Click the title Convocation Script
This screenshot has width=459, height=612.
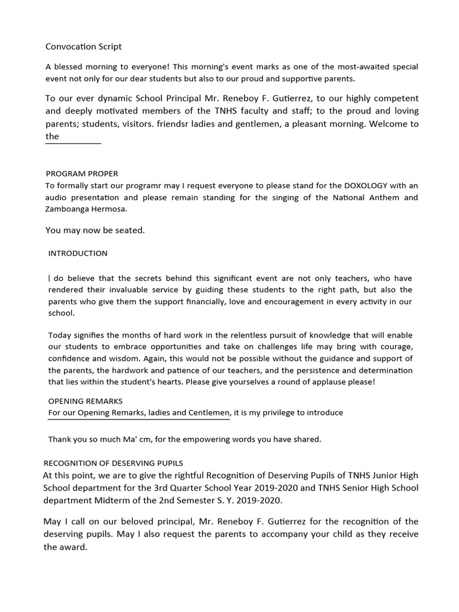[x=84, y=47]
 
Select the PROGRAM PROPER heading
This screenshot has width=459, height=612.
[x=82, y=174]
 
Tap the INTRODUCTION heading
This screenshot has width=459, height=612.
[x=78, y=253]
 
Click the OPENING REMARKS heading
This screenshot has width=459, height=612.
[x=85, y=401]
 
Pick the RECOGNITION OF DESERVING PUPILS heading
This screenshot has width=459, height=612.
[x=114, y=463]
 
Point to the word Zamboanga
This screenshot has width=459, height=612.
[x=68, y=210]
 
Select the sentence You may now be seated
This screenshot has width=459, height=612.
[x=95, y=231]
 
